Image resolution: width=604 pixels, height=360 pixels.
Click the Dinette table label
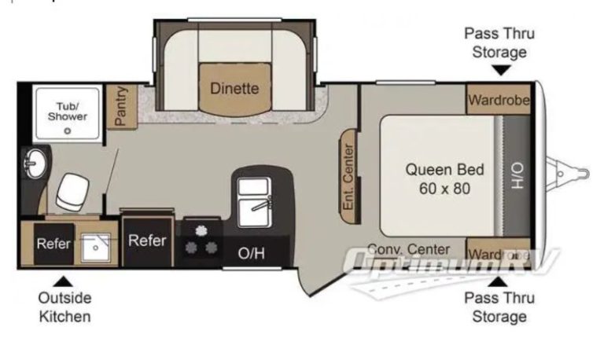234,89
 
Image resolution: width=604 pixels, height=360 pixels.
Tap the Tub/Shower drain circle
68,131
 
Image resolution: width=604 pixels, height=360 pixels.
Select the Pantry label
121,106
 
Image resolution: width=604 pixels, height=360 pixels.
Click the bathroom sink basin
35,163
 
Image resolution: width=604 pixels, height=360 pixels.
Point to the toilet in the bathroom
72,192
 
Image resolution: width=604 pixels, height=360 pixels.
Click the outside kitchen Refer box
53,244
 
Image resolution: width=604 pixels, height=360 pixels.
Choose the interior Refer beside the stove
147,241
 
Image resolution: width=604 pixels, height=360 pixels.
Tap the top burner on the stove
201,230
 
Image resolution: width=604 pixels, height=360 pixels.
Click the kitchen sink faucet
262,204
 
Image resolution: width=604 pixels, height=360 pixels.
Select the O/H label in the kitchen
251,253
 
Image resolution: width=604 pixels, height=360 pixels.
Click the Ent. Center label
348,177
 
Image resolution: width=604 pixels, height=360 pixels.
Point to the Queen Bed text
444,170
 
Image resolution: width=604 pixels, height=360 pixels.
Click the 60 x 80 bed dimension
444,189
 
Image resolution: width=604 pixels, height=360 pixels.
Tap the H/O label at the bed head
517,175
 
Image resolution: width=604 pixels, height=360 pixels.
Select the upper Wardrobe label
499,100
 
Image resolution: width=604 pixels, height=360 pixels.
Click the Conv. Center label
408,249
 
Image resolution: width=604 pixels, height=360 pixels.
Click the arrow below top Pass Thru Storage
502,70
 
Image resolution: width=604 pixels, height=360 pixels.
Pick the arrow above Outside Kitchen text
63,281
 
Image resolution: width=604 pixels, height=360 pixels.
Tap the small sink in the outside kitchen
95,247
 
